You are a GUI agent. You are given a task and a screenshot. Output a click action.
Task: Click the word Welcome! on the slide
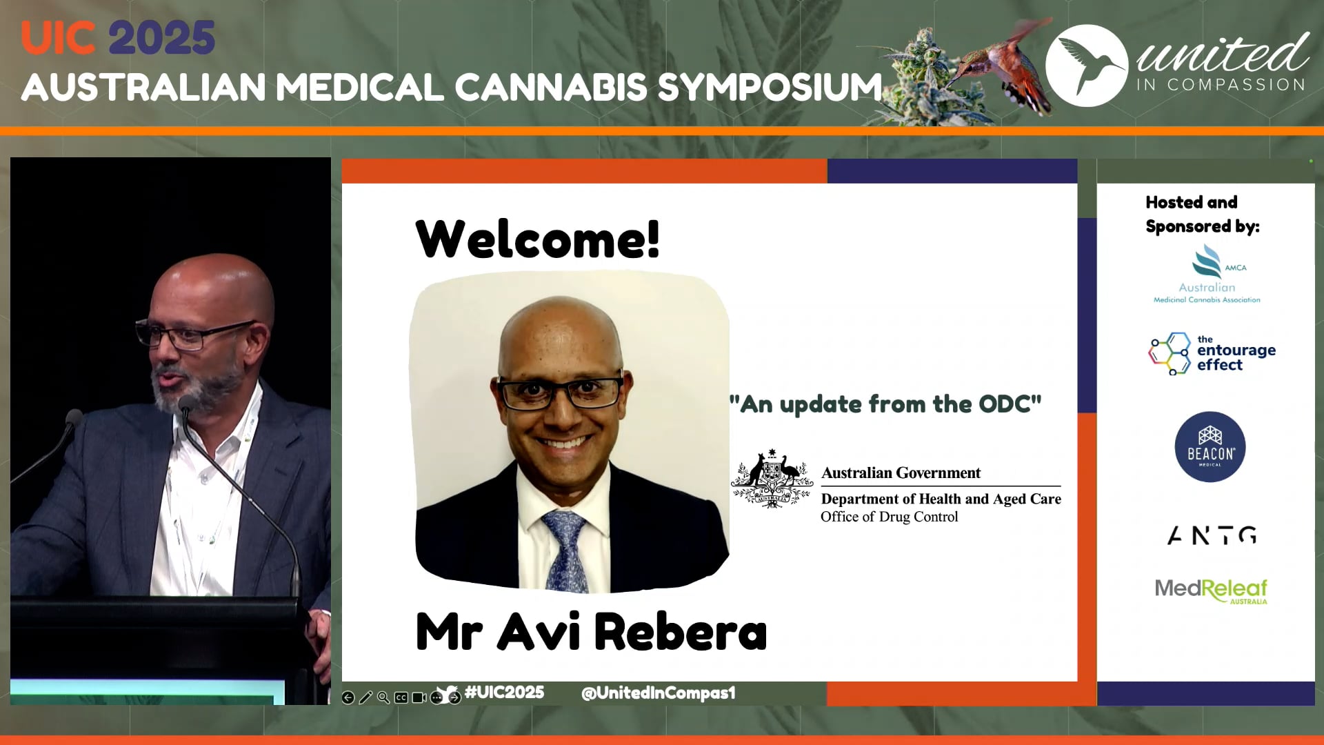coord(538,239)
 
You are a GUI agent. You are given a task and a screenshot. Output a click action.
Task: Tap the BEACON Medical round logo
coord(1210,447)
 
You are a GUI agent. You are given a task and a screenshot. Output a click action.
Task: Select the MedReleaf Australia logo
coord(1211,590)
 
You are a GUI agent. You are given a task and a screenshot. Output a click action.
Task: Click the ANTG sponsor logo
coord(1212,535)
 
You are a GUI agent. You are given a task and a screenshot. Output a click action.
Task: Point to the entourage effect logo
coord(1212,353)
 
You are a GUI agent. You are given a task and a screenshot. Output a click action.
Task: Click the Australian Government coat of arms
coord(772,479)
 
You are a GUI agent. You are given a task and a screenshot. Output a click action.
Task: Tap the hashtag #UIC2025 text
coord(504,692)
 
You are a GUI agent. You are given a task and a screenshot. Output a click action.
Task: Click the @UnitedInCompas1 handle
coord(659,693)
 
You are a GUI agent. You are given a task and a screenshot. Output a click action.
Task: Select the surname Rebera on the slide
coord(680,632)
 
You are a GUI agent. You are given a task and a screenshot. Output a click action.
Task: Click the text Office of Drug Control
coord(889,517)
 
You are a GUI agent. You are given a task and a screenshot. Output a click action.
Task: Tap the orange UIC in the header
coord(58,38)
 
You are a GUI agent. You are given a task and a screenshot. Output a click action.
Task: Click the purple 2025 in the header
coord(162,38)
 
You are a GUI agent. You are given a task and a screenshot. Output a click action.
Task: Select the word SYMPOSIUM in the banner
coord(770,88)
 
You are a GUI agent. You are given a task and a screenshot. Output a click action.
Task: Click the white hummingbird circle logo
coord(1087,66)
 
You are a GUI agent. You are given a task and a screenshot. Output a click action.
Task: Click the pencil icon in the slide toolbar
coord(365,697)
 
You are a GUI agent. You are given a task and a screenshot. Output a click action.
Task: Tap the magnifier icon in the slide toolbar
coord(383,697)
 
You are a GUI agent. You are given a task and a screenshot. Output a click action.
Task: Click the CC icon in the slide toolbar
coord(401,697)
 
